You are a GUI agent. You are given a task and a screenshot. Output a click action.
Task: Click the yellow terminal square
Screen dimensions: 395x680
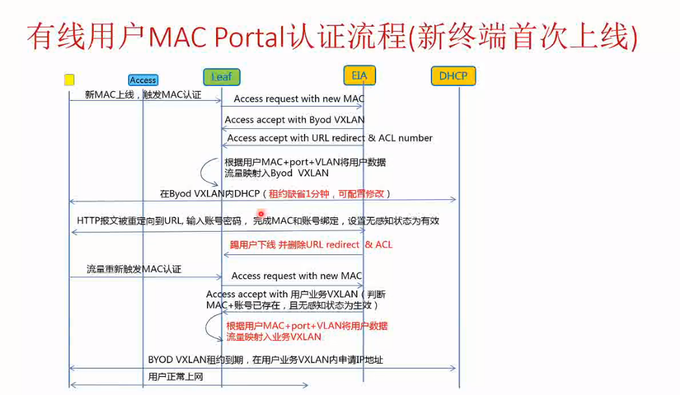(69, 80)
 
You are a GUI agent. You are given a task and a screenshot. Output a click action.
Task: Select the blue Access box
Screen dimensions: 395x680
(143, 80)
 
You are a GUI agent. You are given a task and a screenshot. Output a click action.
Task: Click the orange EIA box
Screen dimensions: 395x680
(359, 75)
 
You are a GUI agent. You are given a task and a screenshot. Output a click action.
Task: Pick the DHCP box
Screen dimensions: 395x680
(453, 76)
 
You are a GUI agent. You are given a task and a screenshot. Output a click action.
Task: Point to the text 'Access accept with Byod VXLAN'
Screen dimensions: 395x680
(294, 120)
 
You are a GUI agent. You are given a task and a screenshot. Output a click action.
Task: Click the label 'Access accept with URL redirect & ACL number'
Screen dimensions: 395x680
(329, 138)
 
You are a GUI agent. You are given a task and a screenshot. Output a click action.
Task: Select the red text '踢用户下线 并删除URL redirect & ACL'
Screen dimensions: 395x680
(311, 245)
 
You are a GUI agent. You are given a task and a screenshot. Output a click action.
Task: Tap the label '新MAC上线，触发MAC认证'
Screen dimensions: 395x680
(143, 95)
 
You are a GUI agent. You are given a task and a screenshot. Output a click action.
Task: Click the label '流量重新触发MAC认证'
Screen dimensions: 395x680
(134, 269)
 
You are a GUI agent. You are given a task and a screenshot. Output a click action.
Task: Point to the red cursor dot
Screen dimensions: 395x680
(261, 213)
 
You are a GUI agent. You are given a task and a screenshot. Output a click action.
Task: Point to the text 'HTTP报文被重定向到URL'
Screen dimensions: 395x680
(129, 221)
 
